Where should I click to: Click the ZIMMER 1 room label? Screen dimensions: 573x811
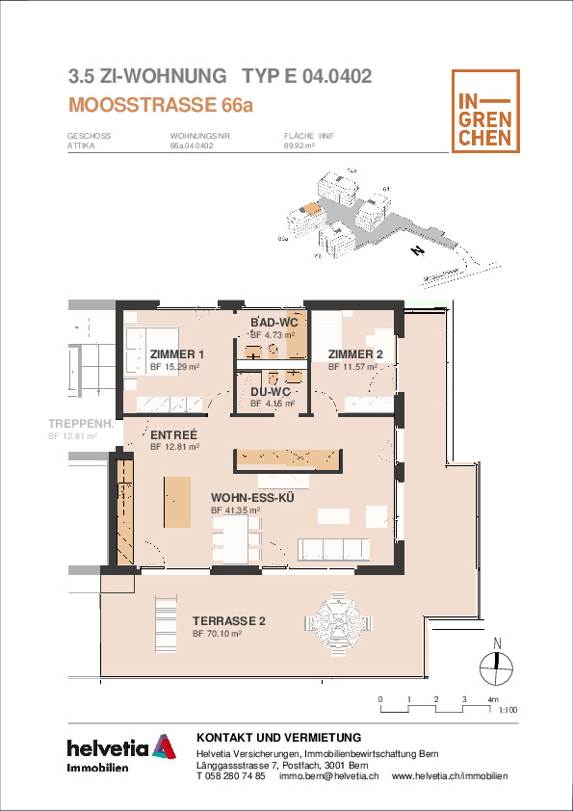pyautogui.click(x=177, y=354)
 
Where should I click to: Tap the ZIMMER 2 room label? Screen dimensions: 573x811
pyautogui.click(x=355, y=354)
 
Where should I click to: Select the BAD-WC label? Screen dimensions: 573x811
pyautogui.click(x=274, y=323)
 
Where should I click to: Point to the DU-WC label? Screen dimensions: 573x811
pyautogui.click(x=271, y=392)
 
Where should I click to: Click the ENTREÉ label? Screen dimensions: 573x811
pyautogui.click(x=173, y=435)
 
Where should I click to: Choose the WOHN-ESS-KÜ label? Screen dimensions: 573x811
pyautogui.click(x=253, y=498)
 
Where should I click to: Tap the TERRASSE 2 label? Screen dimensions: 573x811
pyautogui.click(x=229, y=620)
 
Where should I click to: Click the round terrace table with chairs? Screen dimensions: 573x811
pyautogui.click(x=338, y=624)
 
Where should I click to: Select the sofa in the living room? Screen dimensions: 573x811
pyautogui.click(x=333, y=549)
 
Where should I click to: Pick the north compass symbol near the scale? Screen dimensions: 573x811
pyautogui.click(x=497, y=664)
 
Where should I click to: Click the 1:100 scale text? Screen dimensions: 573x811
pyautogui.click(x=508, y=710)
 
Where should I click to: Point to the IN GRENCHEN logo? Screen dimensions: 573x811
pyautogui.click(x=485, y=111)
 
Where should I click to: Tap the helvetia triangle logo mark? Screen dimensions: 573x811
pyautogui.click(x=164, y=746)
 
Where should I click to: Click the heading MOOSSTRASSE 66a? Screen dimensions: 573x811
pyautogui.click(x=161, y=105)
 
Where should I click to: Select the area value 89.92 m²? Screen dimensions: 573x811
pyautogui.click(x=300, y=145)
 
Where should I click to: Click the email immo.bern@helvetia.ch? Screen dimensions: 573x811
pyautogui.click(x=329, y=775)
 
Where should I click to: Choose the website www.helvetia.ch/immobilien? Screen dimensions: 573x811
pyautogui.click(x=450, y=775)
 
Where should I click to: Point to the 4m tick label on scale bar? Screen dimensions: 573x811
pyautogui.click(x=493, y=700)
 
